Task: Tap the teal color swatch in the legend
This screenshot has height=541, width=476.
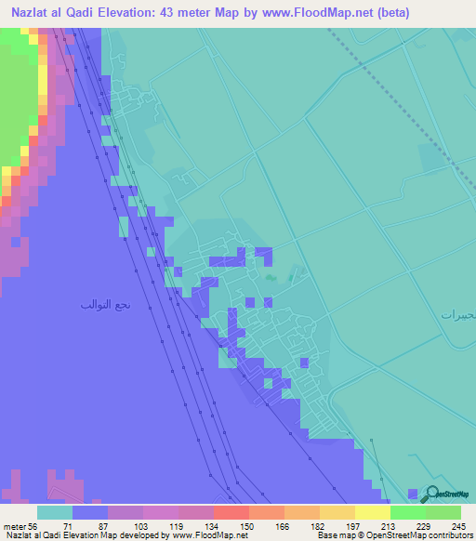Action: coord(55,512)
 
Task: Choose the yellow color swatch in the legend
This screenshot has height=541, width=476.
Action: coord(372,512)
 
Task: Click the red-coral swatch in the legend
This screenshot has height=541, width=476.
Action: coord(231,512)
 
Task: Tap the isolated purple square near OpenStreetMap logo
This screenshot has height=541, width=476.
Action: coord(414,493)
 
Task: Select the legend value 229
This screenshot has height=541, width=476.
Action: coord(423,525)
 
